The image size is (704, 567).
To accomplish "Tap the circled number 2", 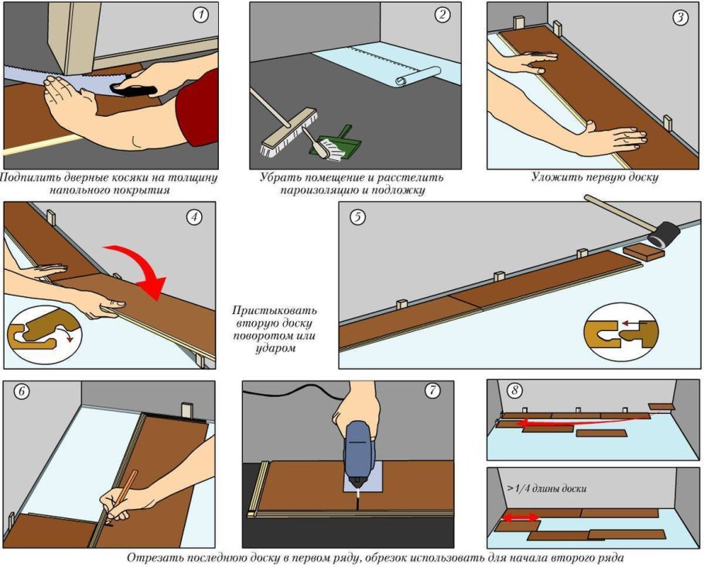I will (x=443, y=15).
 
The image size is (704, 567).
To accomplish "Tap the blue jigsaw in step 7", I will (x=357, y=453).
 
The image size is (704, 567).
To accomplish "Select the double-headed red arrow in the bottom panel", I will (x=518, y=517).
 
